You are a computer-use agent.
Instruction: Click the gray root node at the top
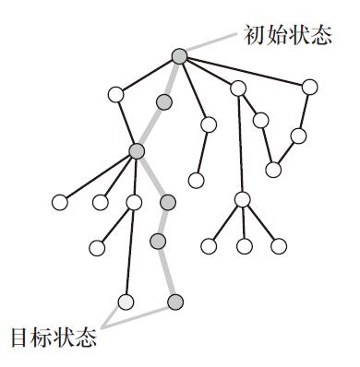tap(179, 56)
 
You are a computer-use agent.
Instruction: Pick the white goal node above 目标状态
tap(126, 301)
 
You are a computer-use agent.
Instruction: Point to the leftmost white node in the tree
tap(61, 201)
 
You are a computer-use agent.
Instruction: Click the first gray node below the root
tap(164, 101)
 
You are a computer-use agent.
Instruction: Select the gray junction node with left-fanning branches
tap(138, 150)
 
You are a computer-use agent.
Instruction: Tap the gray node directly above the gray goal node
tap(158, 242)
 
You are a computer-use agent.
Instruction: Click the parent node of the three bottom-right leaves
tap(242, 199)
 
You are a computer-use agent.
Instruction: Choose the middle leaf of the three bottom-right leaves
tap(244, 245)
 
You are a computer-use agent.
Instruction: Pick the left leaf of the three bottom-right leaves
tap(210, 245)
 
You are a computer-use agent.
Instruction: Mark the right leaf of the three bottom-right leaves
tap(278, 245)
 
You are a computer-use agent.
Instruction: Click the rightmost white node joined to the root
tap(310, 88)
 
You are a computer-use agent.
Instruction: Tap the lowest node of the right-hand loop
tap(273, 169)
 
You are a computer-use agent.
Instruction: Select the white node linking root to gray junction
tap(115, 94)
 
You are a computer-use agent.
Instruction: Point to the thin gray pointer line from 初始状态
tap(210, 43)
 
